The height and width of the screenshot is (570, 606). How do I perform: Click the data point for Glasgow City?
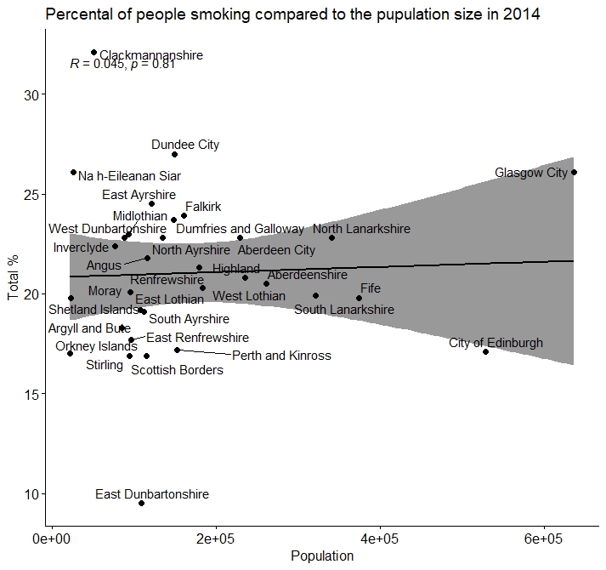click(575, 172)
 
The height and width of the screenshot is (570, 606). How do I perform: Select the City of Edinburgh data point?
click(485, 351)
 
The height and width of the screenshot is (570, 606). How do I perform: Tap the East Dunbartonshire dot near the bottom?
click(141, 503)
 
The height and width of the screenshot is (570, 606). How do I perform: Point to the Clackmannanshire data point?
click(93, 53)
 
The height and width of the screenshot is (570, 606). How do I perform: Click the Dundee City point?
click(174, 154)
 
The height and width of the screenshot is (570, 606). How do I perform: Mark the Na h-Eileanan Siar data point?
click(73, 172)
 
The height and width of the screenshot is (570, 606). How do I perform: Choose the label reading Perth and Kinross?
click(281, 356)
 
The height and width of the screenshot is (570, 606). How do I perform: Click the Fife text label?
click(371, 288)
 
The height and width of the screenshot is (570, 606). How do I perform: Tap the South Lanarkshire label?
click(344, 310)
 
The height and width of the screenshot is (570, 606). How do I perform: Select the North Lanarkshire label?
click(361, 229)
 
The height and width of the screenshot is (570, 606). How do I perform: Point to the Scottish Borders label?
click(177, 370)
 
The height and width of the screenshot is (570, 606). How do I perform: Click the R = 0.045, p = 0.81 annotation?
click(122, 64)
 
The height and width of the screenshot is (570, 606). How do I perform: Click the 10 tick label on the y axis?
click(35, 494)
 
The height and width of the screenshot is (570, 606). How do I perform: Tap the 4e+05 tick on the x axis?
click(380, 539)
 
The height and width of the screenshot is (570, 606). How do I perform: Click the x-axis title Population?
click(322, 556)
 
